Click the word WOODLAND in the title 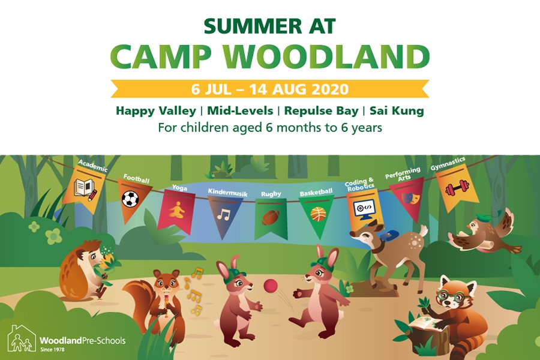click(326, 56)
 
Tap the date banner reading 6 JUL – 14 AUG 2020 click(270, 89)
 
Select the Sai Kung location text click(397, 111)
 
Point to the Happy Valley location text click(155, 111)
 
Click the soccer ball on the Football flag click(130, 199)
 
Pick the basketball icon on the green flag click(318, 214)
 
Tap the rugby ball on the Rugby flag click(271, 217)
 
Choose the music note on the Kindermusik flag click(224, 215)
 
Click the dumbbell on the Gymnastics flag click(457, 187)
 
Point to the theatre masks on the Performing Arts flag click(410, 197)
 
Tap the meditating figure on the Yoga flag click(176, 209)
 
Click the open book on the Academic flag click(85, 189)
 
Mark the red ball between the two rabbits click(271, 286)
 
